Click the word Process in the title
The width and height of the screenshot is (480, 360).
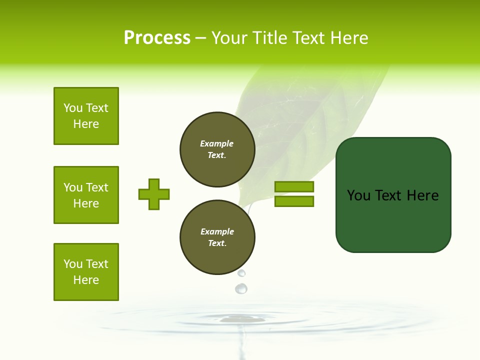click(x=157, y=38)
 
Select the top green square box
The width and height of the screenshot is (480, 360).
click(x=86, y=116)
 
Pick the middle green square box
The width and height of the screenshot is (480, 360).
click(x=86, y=195)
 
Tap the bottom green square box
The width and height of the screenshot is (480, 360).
click(x=86, y=272)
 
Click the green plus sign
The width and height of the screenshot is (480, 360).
click(x=154, y=194)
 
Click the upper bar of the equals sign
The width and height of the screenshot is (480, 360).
click(x=294, y=186)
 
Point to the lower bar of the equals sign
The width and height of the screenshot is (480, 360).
click(x=294, y=201)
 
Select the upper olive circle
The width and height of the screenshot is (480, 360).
click(x=217, y=149)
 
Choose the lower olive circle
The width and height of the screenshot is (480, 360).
click(x=217, y=237)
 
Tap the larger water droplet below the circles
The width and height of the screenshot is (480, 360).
click(x=241, y=288)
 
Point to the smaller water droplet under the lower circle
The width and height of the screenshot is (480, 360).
click(x=241, y=273)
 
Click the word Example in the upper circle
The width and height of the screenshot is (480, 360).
click(x=217, y=143)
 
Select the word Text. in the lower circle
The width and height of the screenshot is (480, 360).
click(x=217, y=243)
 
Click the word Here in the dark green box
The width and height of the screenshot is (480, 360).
click(x=422, y=195)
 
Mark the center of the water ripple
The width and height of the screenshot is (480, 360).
click(x=243, y=318)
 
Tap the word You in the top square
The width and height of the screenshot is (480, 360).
click(x=73, y=108)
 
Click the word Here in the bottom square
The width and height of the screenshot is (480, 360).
click(x=86, y=280)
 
